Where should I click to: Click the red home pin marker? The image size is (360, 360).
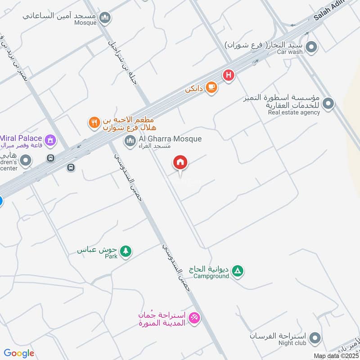[x=180, y=162]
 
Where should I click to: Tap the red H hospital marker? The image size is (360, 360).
[x=229, y=75]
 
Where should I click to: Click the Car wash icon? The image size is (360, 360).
[x=311, y=47]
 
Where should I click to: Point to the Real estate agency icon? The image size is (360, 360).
[x=329, y=104]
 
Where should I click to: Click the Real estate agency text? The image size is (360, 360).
[x=294, y=112]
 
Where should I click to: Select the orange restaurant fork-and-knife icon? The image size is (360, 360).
[x=94, y=122]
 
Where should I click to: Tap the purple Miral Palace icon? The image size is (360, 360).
[x=51, y=140]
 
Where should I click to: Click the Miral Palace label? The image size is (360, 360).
[x=21, y=138]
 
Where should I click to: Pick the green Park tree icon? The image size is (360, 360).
[x=126, y=251]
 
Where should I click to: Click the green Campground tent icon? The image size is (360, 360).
[x=238, y=271]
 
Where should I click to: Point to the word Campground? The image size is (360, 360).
[x=211, y=276]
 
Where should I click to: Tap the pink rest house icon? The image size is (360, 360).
[x=194, y=318]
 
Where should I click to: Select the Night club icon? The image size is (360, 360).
[x=316, y=338]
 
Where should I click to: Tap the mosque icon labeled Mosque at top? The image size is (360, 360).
[x=106, y=18]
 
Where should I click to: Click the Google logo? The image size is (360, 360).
[x=19, y=353]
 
